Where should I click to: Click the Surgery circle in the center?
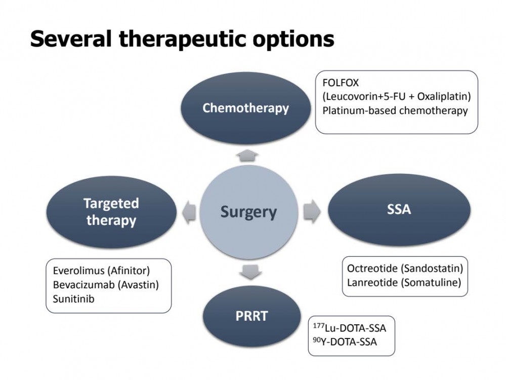click(248, 212)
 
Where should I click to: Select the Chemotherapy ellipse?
click(245, 108)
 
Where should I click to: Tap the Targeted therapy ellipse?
click(111, 212)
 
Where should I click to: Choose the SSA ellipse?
click(399, 209)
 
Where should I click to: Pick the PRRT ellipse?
click(251, 316)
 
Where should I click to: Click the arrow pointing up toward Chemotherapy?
click(247, 156)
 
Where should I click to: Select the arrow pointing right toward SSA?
click(312, 212)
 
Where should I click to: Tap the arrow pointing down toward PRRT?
click(250, 272)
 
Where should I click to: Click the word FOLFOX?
click(341, 83)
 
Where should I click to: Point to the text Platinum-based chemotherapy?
click(395, 110)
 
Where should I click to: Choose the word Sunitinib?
click(73, 298)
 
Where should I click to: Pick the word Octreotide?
click(372, 268)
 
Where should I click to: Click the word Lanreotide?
click(372, 282)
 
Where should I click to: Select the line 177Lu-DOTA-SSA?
click(350, 328)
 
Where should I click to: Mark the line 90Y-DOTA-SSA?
click(345, 341)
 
